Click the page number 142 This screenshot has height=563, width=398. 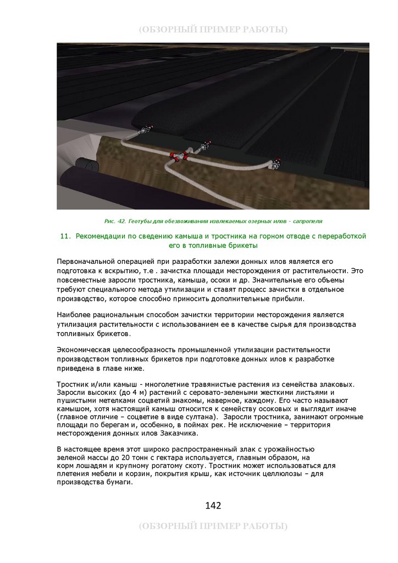pos(213,505)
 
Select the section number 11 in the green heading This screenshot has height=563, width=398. pos(65,236)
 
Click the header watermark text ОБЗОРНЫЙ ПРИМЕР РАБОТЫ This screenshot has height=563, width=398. pos(213,29)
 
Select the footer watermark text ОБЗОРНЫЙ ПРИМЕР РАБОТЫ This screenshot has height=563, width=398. pos(213,526)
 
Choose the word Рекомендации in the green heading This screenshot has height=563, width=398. pos(101,236)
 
